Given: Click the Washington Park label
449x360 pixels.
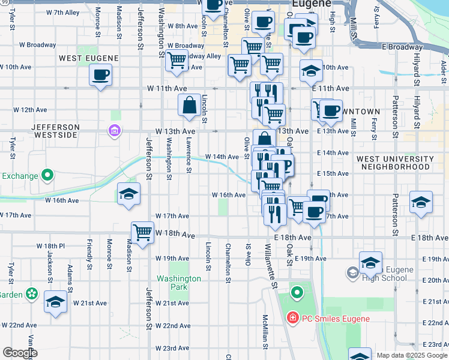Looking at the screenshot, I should tap(179, 283).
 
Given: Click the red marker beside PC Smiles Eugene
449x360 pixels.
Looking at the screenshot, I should tap(292, 317).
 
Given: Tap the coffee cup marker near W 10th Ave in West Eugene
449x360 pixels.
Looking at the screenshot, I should tap(100, 76).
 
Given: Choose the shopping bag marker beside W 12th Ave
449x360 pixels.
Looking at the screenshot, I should tap(189, 106).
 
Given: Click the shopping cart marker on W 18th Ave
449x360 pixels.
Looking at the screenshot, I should tap(142, 233).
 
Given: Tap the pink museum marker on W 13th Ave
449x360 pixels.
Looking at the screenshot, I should tap(113, 130).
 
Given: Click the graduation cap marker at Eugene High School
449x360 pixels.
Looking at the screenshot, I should tap(370, 262).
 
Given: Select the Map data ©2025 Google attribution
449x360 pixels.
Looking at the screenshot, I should tap(412, 355).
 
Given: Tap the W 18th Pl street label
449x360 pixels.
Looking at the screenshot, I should tap(50, 246).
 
